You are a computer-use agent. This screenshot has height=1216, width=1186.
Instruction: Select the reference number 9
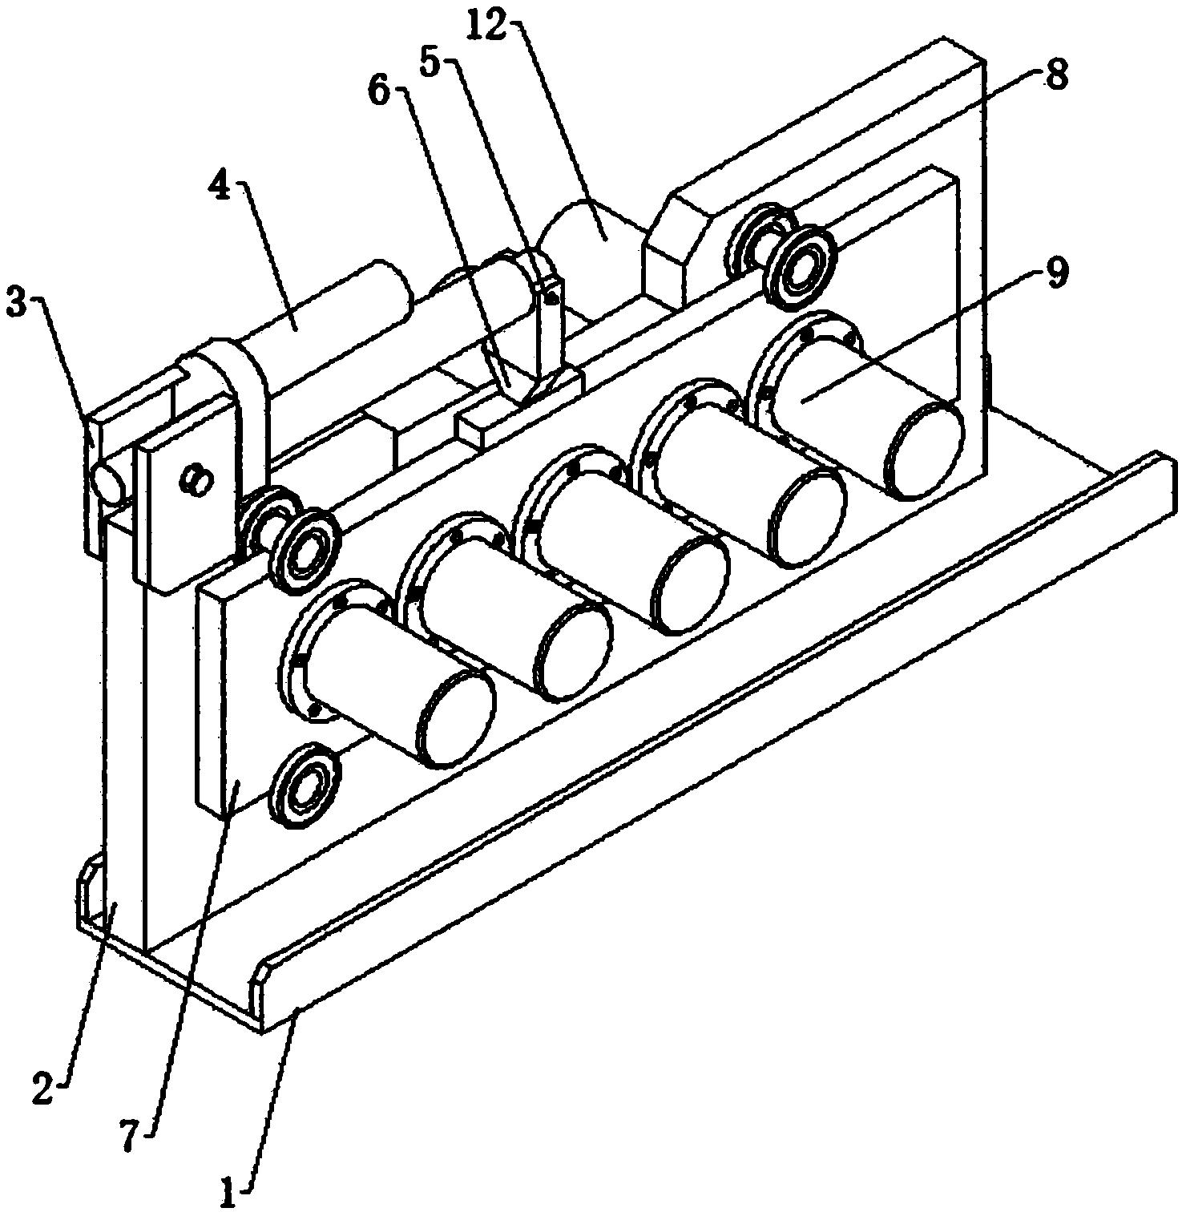[1055, 275]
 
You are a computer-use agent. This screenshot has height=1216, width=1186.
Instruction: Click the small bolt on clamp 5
[551, 298]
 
